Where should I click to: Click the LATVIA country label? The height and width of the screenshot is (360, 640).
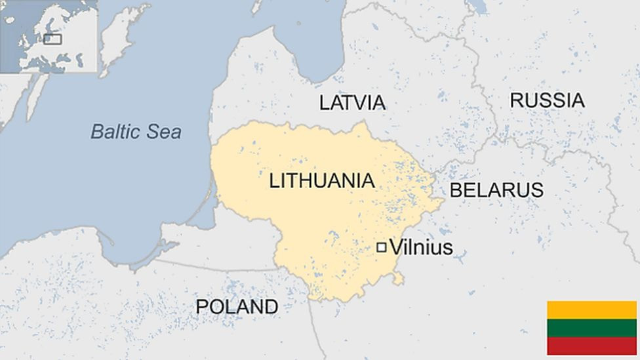click(352, 102)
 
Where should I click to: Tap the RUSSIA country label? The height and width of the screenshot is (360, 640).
click(547, 100)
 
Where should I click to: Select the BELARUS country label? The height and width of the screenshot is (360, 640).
click(496, 190)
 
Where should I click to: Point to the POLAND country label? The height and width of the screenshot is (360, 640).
click(237, 306)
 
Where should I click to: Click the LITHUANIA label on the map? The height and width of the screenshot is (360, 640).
click(322, 181)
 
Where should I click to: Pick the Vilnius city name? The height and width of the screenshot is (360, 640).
click(421, 247)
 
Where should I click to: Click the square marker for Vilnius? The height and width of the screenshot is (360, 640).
click(381, 247)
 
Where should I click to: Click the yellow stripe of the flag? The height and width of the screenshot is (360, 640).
click(591, 310)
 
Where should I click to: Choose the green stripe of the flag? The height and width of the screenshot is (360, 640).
click(591, 328)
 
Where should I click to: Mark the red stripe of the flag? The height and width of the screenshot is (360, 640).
click(591, 346)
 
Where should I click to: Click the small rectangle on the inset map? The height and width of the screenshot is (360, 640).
click(52, 39)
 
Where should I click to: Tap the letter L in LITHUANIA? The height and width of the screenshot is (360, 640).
click(274, 181)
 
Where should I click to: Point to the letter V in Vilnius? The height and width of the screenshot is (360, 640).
click(396, 247)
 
